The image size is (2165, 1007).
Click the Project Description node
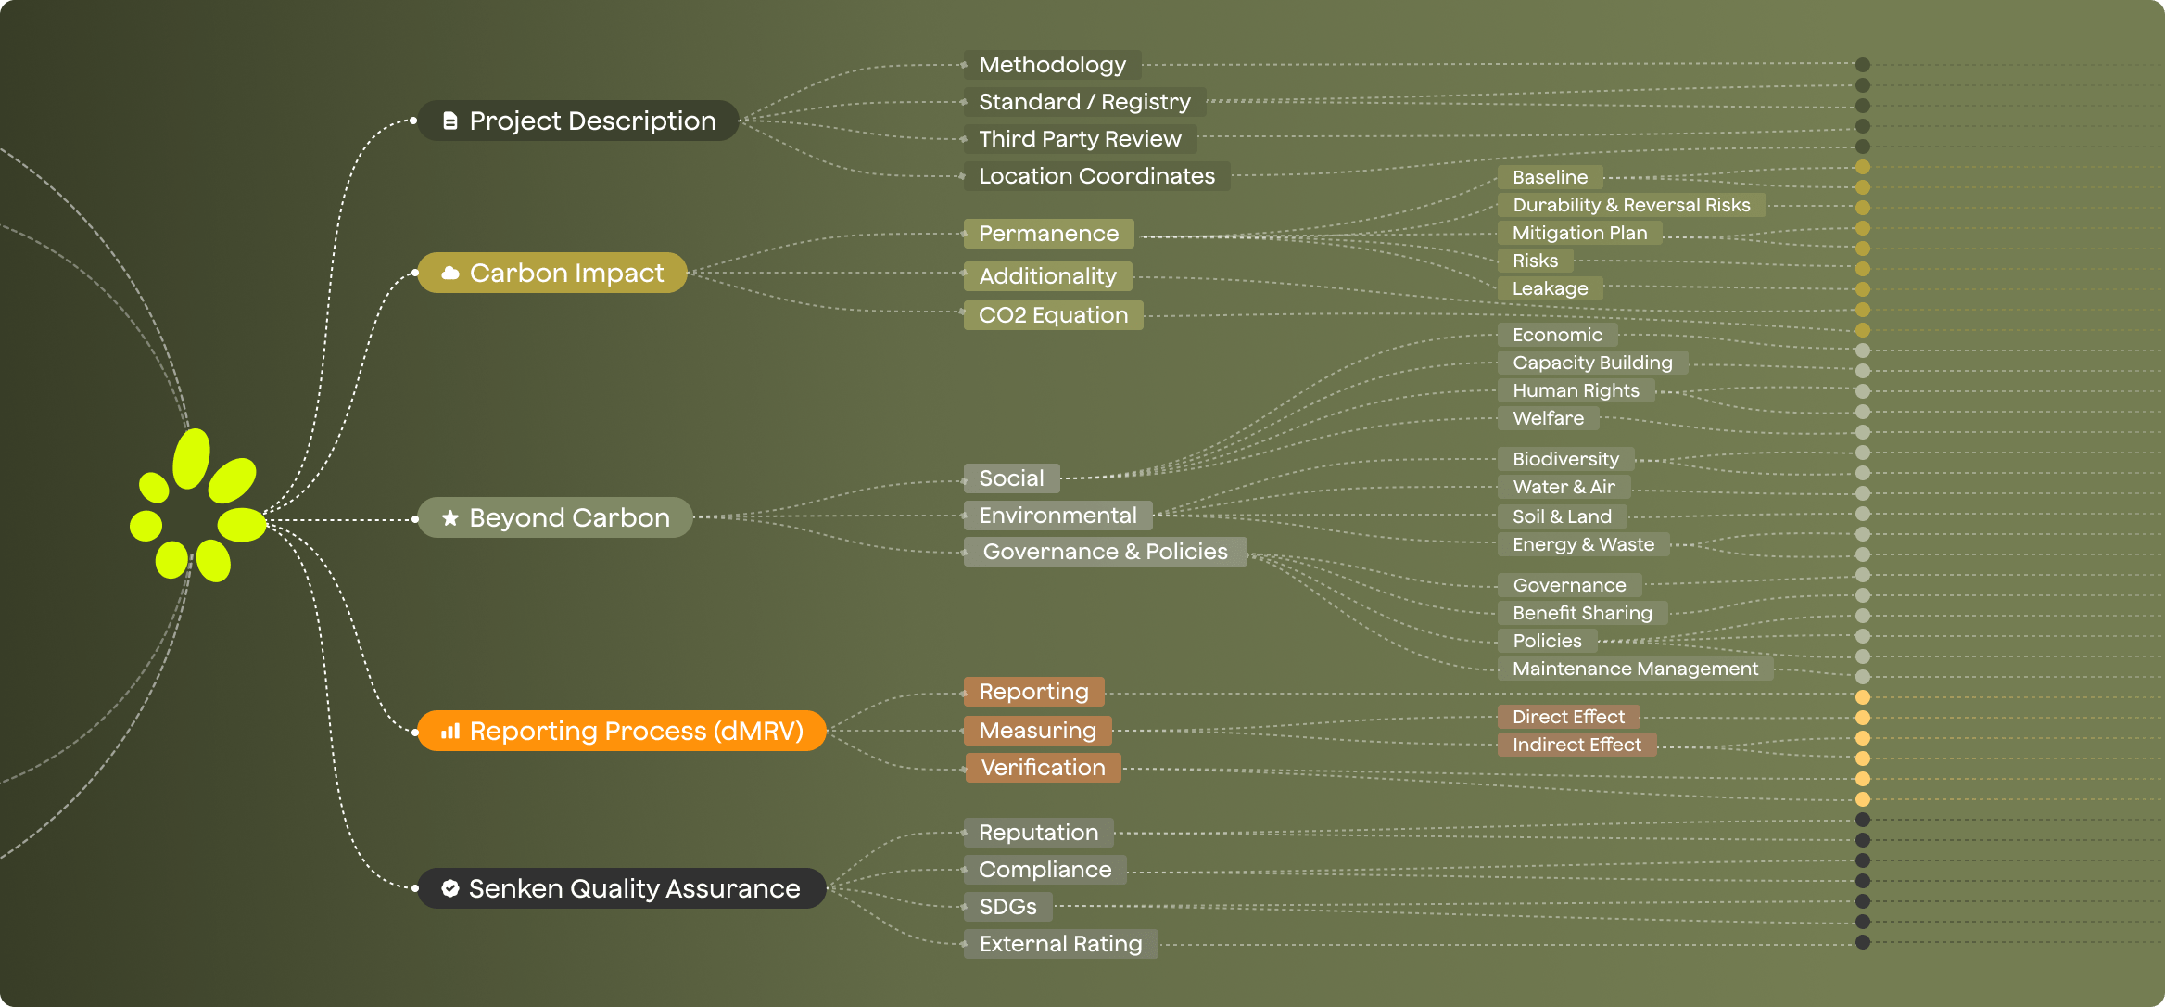point(577,121)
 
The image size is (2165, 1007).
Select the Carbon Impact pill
point(552,273)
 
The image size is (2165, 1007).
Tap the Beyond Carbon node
point(555,517)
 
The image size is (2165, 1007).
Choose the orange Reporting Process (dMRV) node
point(621,731)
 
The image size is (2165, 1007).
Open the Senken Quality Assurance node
point(621,888)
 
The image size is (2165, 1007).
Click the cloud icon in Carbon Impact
point(450,273)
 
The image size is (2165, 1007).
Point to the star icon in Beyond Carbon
point(450,517)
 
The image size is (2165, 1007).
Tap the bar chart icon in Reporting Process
point(450,731)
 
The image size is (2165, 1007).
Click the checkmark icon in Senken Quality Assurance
point(450,888)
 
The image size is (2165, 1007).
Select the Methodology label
point(1052,65)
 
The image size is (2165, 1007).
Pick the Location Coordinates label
point(1096,176)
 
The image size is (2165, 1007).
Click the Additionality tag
point(1047,276)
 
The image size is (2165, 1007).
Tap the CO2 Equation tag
point(1053,315)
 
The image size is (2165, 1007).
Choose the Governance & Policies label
point(1105,552)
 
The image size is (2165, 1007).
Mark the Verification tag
point(1043,768)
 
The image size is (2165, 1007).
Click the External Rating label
point(1060,944)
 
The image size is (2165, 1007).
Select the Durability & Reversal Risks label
point(1631,205)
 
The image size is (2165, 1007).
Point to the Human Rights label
point(1576,390)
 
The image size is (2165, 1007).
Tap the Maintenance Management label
point(1635,669)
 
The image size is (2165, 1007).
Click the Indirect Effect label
point(1576,745)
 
